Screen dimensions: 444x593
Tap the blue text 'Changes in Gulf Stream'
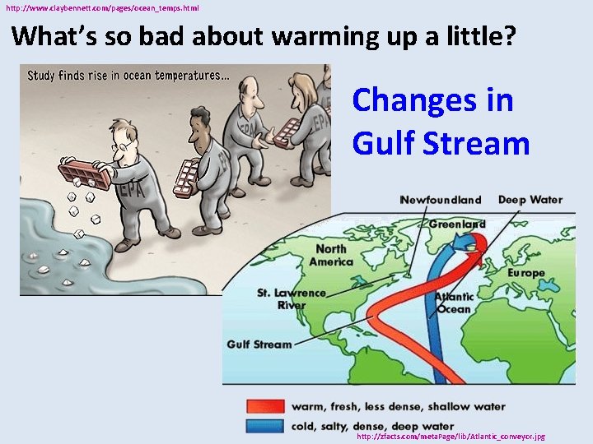tap(441, 122)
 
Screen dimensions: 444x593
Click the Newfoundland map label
tap(440, 200)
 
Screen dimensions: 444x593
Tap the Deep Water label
tap(530, 200)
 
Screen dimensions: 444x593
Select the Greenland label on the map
tap(457, 224)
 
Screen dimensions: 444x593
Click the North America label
tap(331, 255)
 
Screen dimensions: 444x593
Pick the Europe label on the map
tap(525, 272)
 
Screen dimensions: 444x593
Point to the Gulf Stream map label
tap(259, 345)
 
